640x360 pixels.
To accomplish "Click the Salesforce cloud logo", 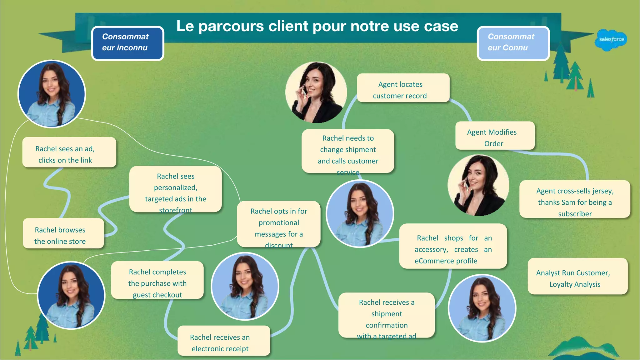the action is tap(611, 40).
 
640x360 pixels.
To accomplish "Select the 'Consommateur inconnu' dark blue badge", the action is tap(127, 43).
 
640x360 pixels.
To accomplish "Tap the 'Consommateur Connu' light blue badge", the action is tap(513, 43).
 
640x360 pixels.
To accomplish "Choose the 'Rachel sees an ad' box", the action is tap(69, 152).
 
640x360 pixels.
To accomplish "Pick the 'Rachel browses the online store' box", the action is tap(63, 233).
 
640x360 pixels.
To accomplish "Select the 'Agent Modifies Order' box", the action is tap(495, 136).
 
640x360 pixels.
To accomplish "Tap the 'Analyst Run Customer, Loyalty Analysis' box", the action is tap(577, 276).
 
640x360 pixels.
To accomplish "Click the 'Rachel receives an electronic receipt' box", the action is tap(223, 341).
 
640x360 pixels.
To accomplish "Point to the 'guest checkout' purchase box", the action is tap(157, 280).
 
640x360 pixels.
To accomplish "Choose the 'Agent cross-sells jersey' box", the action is tap(574, 199).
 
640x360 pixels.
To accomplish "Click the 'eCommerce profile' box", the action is tap(453, 246).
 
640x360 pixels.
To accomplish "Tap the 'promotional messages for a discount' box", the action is tap(278, 224).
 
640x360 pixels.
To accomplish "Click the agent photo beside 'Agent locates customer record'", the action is tap(316, 92).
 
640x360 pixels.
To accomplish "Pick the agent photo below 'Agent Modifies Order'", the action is tap(478, 185).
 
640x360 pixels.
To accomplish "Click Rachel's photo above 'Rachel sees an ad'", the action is tap(52, 94).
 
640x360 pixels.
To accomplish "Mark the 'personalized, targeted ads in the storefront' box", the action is tap(175, 189).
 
